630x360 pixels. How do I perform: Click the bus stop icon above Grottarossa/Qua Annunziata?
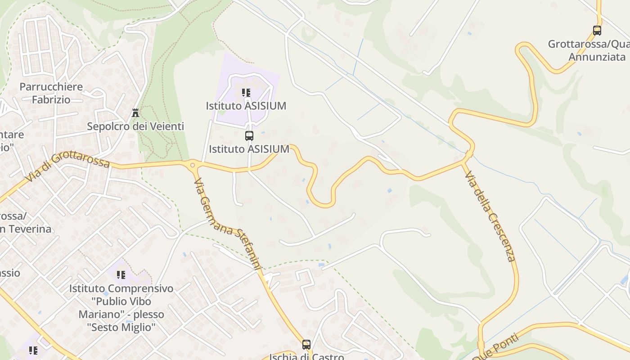597,31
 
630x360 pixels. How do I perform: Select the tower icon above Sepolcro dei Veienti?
135,113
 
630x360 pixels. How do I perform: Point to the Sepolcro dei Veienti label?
135,126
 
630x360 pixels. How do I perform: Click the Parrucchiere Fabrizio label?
51,93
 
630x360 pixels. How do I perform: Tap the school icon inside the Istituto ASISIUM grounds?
246,93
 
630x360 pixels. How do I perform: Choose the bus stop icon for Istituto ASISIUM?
249,135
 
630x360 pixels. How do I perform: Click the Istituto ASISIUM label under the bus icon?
249,149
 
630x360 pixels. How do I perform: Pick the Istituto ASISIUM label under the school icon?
246,106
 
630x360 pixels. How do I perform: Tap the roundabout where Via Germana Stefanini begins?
193,165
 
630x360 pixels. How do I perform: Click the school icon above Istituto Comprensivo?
121,274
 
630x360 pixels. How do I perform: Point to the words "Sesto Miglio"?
121,327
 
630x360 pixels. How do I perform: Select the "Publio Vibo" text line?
121,301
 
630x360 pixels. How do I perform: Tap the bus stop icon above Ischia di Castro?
306,345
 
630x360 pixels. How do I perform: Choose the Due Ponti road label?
495,349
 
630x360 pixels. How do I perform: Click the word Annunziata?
597,57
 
